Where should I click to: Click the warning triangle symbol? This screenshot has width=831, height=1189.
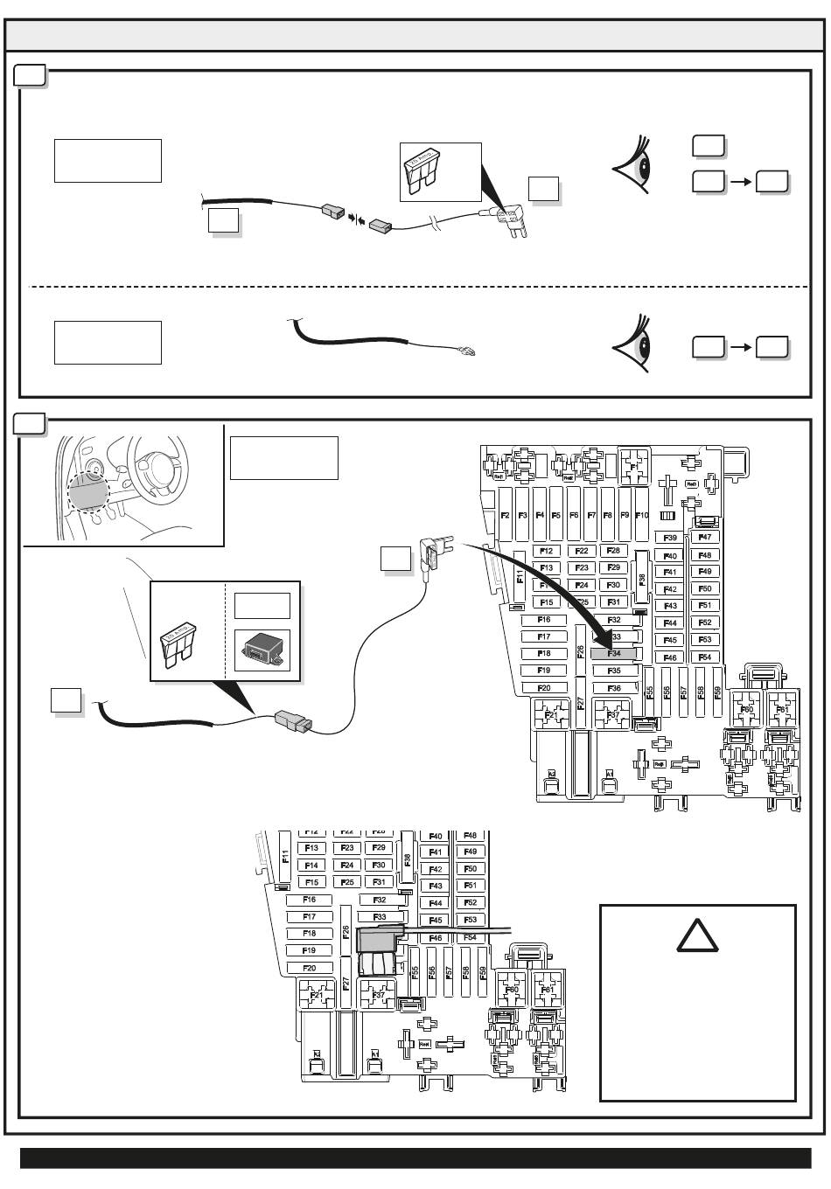click(698, 939)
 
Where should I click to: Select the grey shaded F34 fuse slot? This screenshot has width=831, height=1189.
click(613, 653)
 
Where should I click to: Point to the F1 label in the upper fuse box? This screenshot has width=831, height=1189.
click(635, 468)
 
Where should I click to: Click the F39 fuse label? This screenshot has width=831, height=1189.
click(670, 539)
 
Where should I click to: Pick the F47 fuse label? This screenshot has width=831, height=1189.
click(705, 538)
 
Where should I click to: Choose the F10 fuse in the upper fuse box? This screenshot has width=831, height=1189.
click(641, 516)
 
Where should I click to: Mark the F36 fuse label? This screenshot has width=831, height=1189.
click(613, 688)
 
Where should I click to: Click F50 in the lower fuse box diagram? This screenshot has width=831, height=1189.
click(471, 868)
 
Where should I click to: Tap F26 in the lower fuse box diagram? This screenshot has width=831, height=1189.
click(346, 933)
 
